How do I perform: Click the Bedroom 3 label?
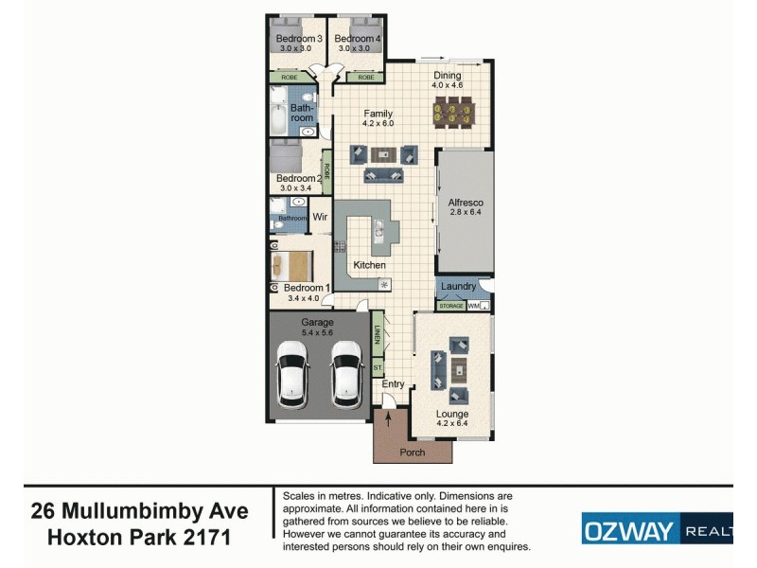click(299, 39)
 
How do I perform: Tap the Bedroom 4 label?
click(357, 39)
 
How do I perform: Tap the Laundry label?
click(458, 286)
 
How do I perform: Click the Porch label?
click(413, 453)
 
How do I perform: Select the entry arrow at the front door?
click(387, 417)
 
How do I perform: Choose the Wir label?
click(320, 217)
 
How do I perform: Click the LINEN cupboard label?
click(377, 335)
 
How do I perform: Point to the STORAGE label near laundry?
click(450, 306)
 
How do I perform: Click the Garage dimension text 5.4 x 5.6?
click(318, 333)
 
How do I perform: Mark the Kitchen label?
click(369, 265)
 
